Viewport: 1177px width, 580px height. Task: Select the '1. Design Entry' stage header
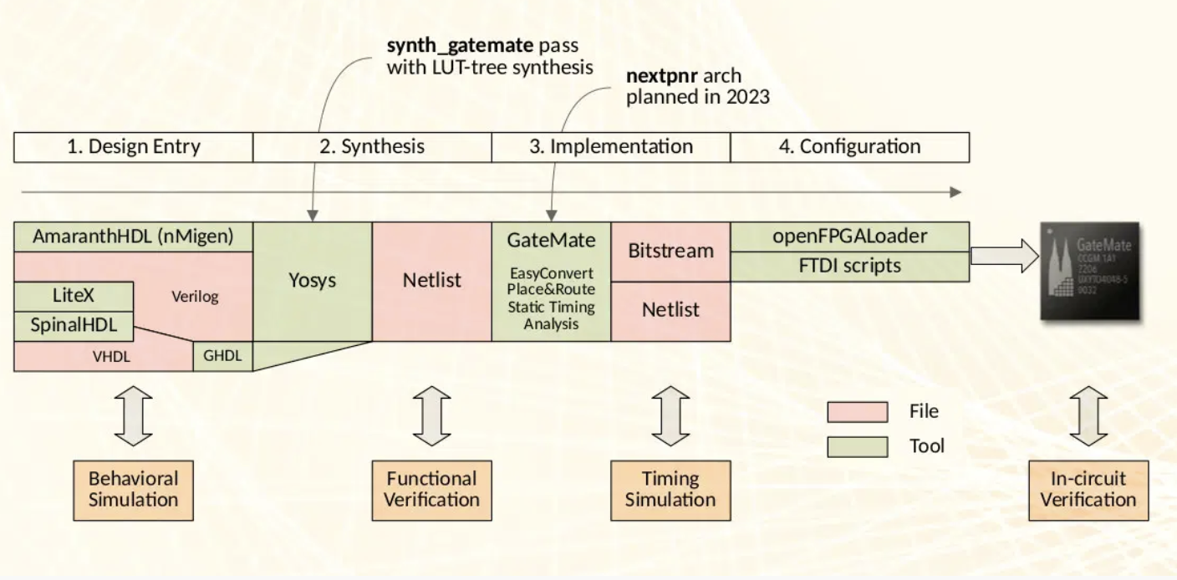coord(134,147)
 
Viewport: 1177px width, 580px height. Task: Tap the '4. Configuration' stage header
coord(849,147)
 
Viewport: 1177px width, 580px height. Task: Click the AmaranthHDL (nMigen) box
coord(134,237)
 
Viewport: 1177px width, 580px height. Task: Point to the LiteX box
coord(74,296)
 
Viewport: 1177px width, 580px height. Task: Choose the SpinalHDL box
coord(74,325)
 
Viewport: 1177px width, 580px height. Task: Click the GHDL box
coord(222,355)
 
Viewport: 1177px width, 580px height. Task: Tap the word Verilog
coord(195,297)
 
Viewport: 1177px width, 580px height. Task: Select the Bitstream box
coord(670,251)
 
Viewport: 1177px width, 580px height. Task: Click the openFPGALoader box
coord(849,237)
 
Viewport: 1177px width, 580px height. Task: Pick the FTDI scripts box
coord(849,266)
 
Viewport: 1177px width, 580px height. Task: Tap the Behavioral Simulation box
coord(133,489)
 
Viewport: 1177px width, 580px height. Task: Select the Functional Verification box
coord(432,489)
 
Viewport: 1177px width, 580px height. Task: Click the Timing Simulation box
coord(670,489)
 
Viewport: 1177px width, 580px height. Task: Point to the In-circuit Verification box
coord(1088,489)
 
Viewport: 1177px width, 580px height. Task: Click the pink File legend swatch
coord(857,412)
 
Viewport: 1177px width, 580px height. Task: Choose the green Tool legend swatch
coord(857,447)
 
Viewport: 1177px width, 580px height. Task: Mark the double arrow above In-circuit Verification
coord(1088,415)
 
